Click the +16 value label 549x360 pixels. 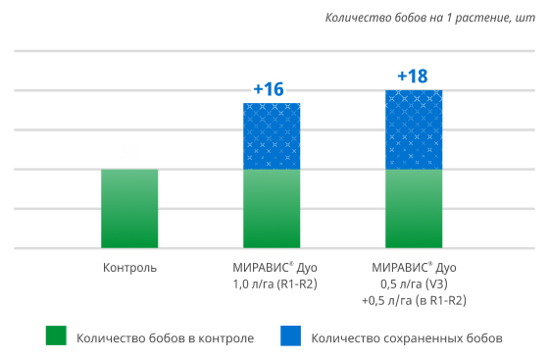coord(268,89)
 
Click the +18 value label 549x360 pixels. coord(413,77)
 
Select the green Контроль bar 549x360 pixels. coord(129,208)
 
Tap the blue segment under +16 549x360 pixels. coord(272,136)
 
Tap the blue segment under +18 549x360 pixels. coord(414,129)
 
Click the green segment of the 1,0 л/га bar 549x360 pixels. coord(272,208)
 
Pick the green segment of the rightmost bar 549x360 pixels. coord(414,208)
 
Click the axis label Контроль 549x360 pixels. coord(129,267)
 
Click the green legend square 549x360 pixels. coord(56,336)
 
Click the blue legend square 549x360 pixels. coord(291,336)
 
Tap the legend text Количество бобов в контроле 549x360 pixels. coord(165,337)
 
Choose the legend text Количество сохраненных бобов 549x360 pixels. coord(407,337)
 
